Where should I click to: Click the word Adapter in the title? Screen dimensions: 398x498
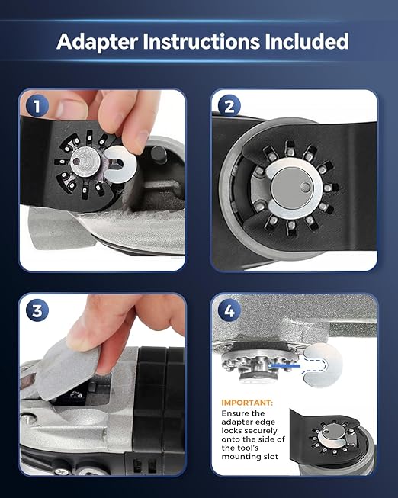coord(97,42)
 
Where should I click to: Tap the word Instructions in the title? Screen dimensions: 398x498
coord(201,41)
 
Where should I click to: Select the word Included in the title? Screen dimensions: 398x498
coord(307,41)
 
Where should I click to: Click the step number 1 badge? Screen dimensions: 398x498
coord(37,106)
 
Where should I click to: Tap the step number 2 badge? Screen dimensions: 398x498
coord(229,106)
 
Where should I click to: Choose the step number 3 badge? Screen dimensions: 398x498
coord(37,310)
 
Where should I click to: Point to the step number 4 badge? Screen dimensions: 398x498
coord(229,310)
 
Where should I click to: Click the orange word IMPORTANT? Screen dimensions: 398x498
coord(247,403)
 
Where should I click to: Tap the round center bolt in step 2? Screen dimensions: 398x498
coord(292,188)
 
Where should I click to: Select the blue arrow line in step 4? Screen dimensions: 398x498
coord(284,366)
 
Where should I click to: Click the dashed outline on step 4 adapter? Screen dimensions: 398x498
coord(314,366)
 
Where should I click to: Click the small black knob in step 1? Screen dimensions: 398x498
coord(159,154)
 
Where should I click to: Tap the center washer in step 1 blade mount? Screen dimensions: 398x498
coord(85,162)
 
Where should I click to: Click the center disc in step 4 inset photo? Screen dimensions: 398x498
coord(334,432)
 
